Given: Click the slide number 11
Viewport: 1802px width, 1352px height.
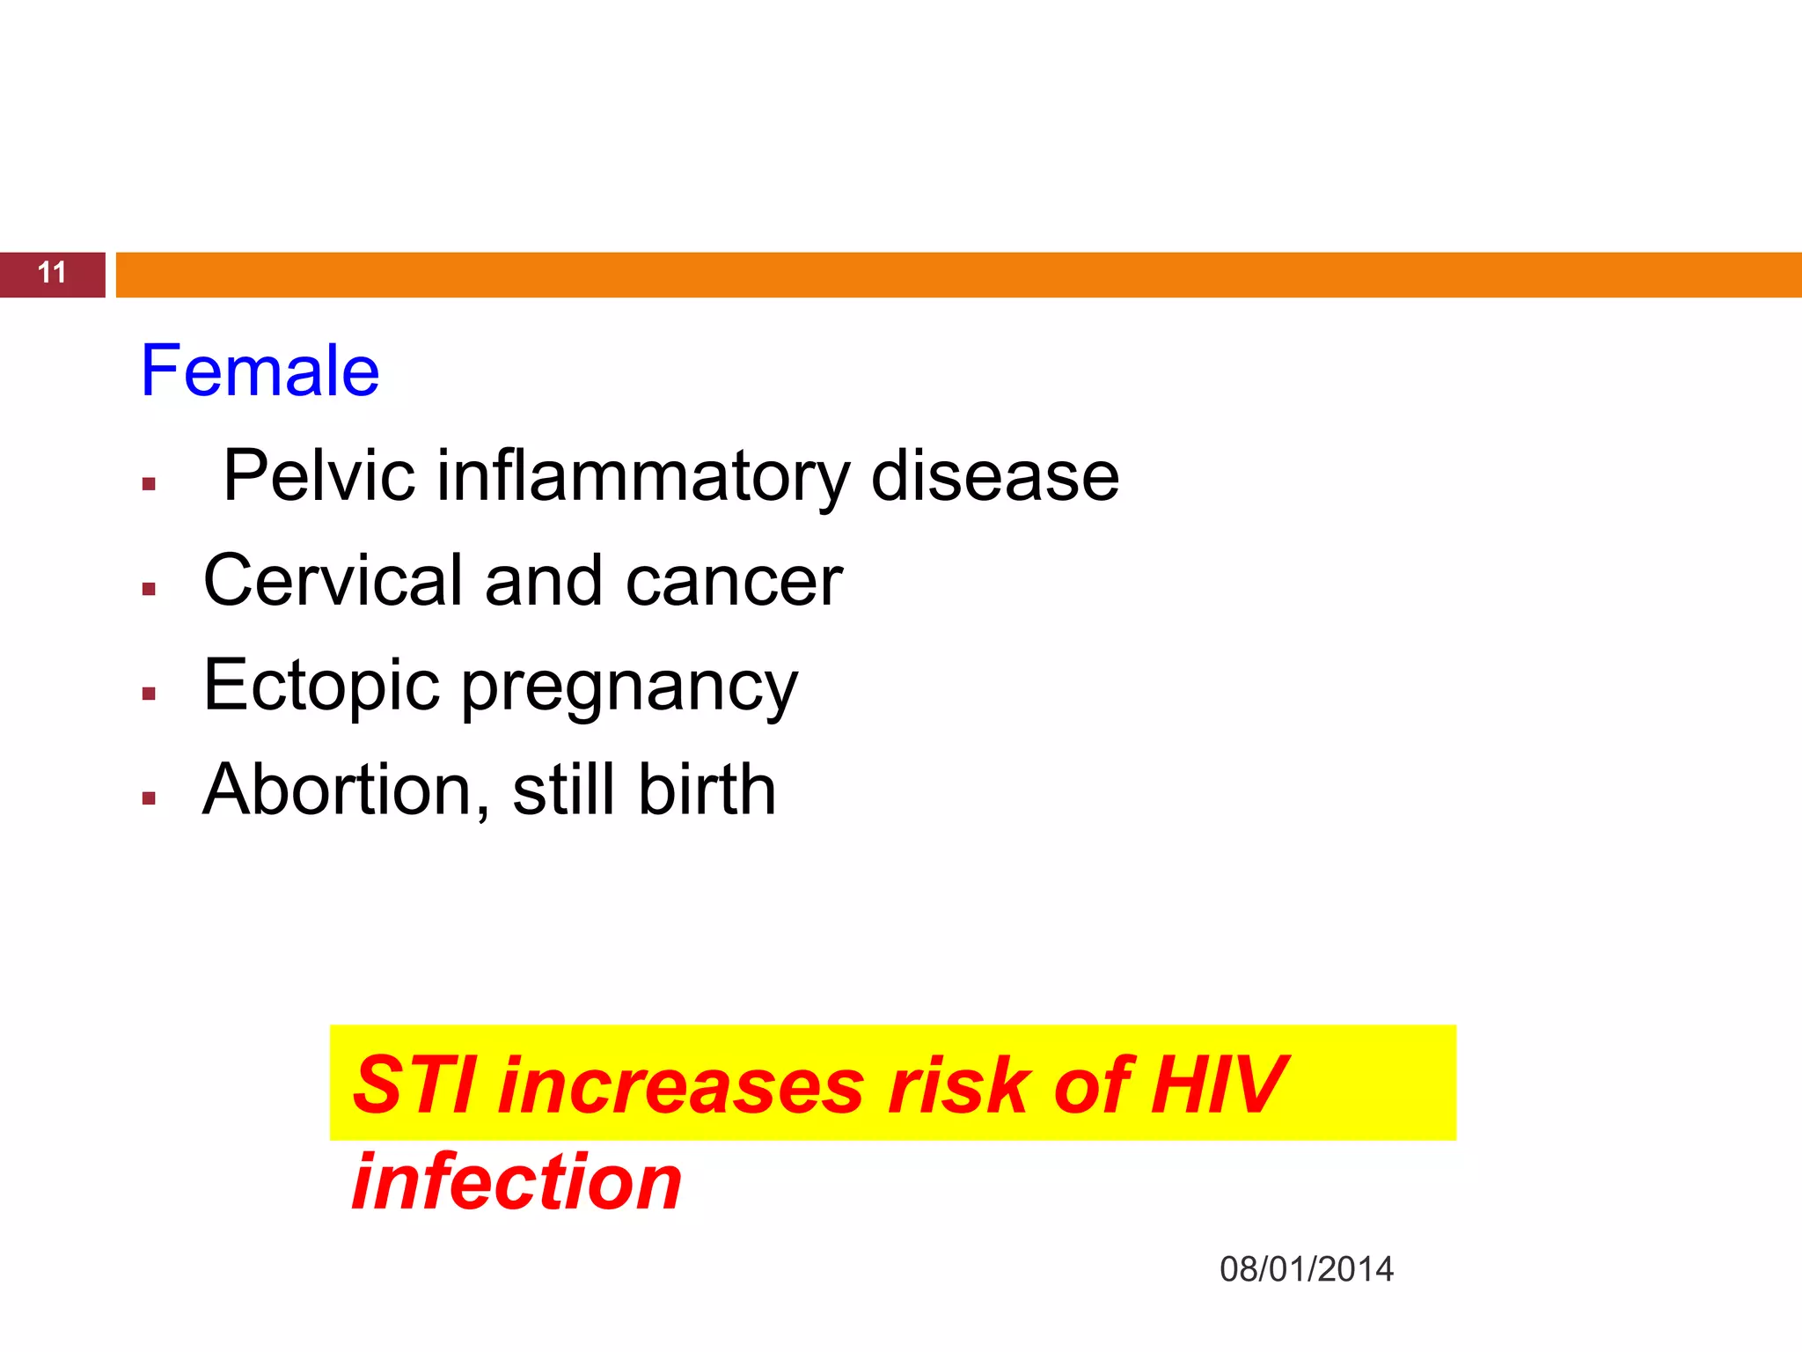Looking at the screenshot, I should pyautogui.click(x=52, y=273).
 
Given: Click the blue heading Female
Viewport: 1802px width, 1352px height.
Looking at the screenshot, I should pyautogui.click(x=260, y=371).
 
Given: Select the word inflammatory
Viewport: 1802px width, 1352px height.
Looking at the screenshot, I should pyautogui.click(x=642, y=476).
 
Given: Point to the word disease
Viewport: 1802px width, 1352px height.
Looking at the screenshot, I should pyautogui.click(x=994, y=476).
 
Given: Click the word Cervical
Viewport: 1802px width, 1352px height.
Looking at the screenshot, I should pyautogui.click(x=333, y=581).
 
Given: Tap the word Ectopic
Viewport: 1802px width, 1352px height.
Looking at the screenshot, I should pyautogui.click(x=321, y=686).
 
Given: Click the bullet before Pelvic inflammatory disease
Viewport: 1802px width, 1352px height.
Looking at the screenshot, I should pyautogui.click(x=149, y=483).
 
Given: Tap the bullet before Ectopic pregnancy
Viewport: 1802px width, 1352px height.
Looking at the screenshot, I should pyautogui.click(x=149, y=694).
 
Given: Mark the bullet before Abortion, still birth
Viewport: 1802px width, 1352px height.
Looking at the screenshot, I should pyautogui.click(x=149, y=798).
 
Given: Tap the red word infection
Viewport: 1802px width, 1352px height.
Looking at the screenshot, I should pyautogui.click(x=516, y=1181).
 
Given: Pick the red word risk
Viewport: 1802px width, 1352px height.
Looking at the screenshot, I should pyautogui.click(x=959, y=1084).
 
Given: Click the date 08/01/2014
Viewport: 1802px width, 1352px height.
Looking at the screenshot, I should pyautogui.click(x=1306, y=1269).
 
